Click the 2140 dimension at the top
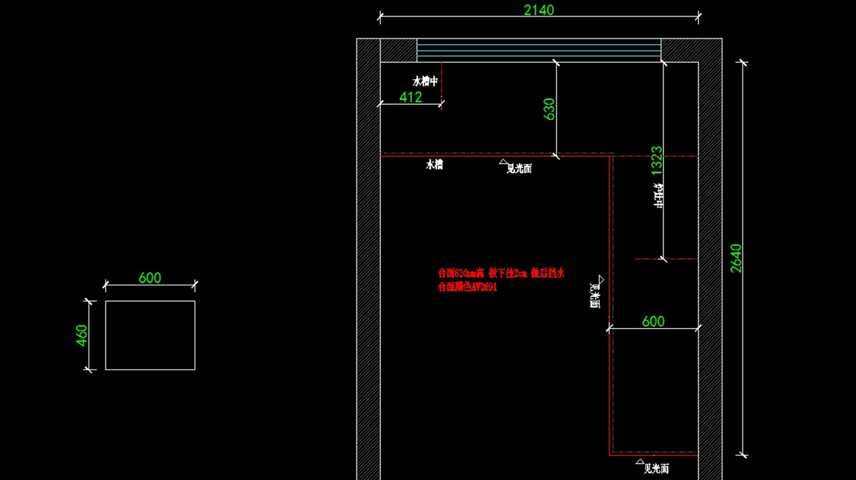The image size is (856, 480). tap(539, 10)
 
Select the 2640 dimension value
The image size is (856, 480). tap(736, 257)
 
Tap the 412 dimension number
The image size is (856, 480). tap(410, 97)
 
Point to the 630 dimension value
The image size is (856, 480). tap(549, 108)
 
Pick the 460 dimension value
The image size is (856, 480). tap(81, 335)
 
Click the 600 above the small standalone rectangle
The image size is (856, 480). tap(150, 277)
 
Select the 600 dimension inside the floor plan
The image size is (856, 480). tap(653, 322)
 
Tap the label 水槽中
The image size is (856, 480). tap(425, 81)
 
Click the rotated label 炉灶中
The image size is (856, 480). tap(658, 196)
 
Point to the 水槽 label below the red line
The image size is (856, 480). tap(434, 165)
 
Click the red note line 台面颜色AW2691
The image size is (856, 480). tap(467, 287)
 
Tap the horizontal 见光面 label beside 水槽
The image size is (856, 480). tap(519, 169)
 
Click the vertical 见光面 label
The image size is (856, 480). tap(594, 295)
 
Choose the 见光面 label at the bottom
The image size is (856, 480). tap(656, 469)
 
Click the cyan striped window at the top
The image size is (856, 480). tap(539, 51)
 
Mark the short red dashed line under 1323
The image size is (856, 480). tap(666, 259)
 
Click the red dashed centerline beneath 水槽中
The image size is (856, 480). tap(442, 86)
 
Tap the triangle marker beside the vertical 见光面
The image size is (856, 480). tap(601, 279)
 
